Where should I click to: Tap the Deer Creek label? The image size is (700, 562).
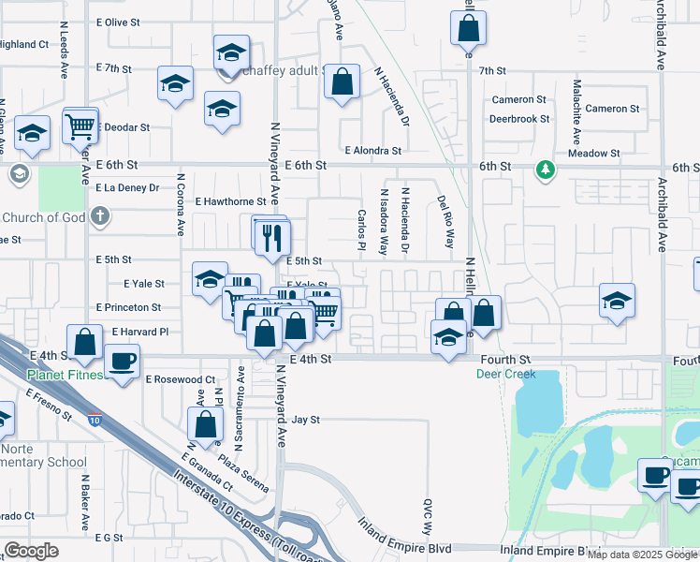tap(505, 374)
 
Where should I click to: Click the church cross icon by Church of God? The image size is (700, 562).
tap(101, 217)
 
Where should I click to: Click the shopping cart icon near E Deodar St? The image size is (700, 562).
tap(81, 125)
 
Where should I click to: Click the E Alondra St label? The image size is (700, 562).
tap(372, 150)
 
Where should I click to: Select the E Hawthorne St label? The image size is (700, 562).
tap(230, 201)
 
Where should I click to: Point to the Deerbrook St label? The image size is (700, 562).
tap(519, 119)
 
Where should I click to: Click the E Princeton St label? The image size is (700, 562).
tap(129, 307)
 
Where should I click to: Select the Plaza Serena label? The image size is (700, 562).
tap(243, 474)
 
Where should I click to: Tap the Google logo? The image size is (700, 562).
tap(31, 551)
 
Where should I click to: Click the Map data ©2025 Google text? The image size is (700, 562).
tap(642, 554)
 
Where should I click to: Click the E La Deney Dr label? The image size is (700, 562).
tap(125, 187)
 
